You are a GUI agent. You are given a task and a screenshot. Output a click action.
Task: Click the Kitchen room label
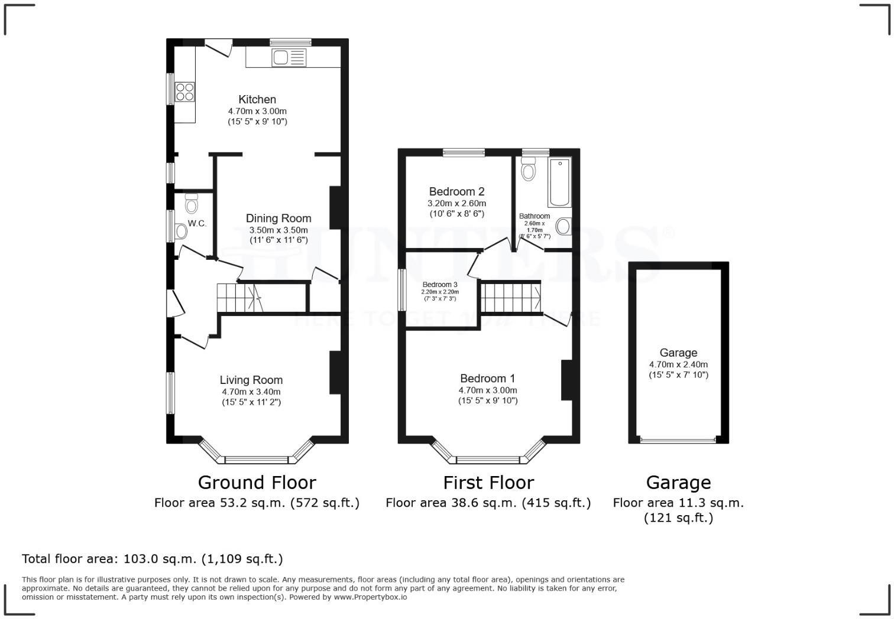pos(257,99)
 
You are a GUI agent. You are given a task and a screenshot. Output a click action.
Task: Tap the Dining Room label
pos(278,218)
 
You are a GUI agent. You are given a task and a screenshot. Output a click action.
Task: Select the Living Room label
pos(251,380)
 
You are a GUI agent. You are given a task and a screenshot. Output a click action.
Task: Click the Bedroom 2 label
pos(456,191)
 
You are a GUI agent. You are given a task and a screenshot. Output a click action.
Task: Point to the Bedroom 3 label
pos(440,284)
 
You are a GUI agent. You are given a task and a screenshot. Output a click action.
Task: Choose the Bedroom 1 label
pos(488,378)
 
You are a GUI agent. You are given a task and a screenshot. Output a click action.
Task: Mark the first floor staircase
pos(510,297)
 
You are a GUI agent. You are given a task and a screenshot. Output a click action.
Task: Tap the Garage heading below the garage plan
pos(678,483)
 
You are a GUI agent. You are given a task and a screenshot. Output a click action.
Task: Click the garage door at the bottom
pos(678,440)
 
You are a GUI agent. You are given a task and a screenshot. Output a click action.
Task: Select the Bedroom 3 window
pos(402,289)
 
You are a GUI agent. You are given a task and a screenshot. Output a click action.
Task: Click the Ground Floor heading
pos(257,483)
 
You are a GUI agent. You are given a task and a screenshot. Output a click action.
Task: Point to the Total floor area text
pos(153,559)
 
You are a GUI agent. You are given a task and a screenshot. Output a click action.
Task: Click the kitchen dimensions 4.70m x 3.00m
pos(257,111)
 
